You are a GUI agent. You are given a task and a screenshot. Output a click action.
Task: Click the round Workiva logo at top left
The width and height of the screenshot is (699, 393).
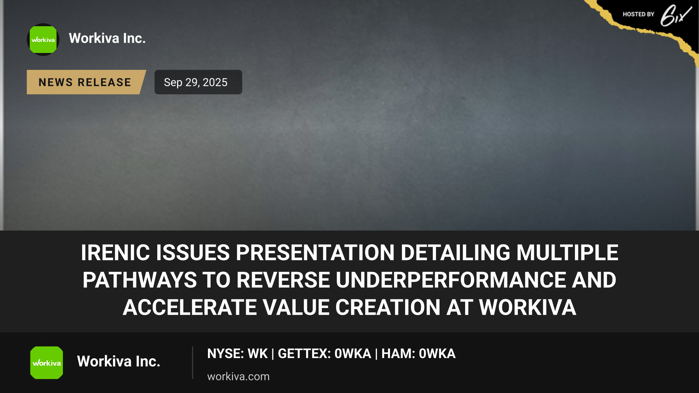(x=43, y=40)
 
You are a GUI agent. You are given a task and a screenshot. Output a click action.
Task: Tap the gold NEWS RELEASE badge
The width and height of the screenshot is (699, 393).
(x=86, y=82)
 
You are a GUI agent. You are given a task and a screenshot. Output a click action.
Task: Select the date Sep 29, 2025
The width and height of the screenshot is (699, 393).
(x=196, y=82)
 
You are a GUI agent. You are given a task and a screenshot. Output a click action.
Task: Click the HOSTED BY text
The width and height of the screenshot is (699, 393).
(x=638, y=14)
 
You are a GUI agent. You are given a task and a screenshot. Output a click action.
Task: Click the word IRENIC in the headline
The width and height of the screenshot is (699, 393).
(x=115, y=252)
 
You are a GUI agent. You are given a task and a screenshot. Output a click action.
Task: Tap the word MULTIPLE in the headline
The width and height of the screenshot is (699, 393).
(x=567, y=252)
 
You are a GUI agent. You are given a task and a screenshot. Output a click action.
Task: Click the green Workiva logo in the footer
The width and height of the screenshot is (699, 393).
(x=47, y=363)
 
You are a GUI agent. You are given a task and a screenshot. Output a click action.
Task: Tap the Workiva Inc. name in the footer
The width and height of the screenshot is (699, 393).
(x=119, y=361)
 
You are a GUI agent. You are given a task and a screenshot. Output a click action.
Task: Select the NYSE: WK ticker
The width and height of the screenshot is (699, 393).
(x=237, y=354)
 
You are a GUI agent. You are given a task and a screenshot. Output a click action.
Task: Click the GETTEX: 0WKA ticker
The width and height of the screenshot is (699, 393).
(x=324, y=354)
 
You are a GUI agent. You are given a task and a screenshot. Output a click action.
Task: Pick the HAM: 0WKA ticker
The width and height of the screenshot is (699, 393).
(x=419, y=354)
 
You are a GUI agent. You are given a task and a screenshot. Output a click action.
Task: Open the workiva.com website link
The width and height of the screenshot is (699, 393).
(x=239, y=377)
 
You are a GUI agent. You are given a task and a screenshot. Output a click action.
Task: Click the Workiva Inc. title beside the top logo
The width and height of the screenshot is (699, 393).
(x=107, y=38)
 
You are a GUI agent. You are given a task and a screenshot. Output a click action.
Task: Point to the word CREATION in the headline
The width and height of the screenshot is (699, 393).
(x=388, y=307)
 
